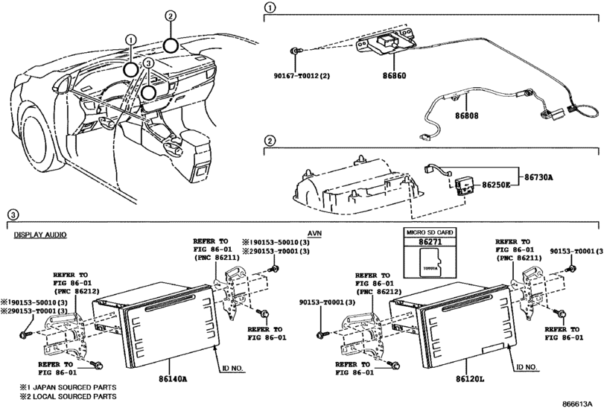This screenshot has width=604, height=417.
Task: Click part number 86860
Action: (394, 76)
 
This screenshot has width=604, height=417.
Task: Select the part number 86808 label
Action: (466, 115)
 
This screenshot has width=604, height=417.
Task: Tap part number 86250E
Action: (496, 185)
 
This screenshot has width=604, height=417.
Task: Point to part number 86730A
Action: (538, 177)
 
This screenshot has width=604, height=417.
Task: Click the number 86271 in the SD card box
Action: (430, 242)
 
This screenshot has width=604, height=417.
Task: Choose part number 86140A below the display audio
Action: (173, 379)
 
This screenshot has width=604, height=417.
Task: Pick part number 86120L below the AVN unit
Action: (470, 379)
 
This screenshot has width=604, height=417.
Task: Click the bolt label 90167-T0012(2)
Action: (302, 76)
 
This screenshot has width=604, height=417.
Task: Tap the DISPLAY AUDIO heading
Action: (40, 235)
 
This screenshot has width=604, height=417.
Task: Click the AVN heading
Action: (315, 233)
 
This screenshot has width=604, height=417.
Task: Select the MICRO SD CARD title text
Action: (430, 232)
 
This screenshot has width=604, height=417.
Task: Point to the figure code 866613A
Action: (576, 404)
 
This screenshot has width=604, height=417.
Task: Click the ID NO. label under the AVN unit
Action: (527, 367)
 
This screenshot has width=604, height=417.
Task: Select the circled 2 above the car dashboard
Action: (171, 16)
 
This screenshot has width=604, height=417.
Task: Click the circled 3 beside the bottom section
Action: (13, 214)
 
